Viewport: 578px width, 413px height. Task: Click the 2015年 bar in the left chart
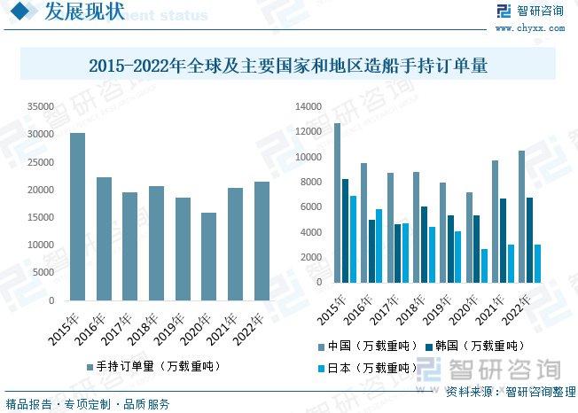[x=78, y=217]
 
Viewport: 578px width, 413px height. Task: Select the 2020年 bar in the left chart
[x=209, y=257]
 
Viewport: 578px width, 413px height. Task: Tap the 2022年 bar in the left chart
[x=262, y=241]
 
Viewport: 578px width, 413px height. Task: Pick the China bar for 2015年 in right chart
[x=337, y=203]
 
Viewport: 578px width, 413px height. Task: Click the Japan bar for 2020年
[x=484, y=266]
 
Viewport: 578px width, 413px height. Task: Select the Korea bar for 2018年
[x=424, y=245]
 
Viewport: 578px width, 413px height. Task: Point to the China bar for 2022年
[x=522, y=217]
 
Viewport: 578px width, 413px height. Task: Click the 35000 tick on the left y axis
[x=41, y=106]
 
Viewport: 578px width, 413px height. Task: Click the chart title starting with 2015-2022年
[x=289, y=66]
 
